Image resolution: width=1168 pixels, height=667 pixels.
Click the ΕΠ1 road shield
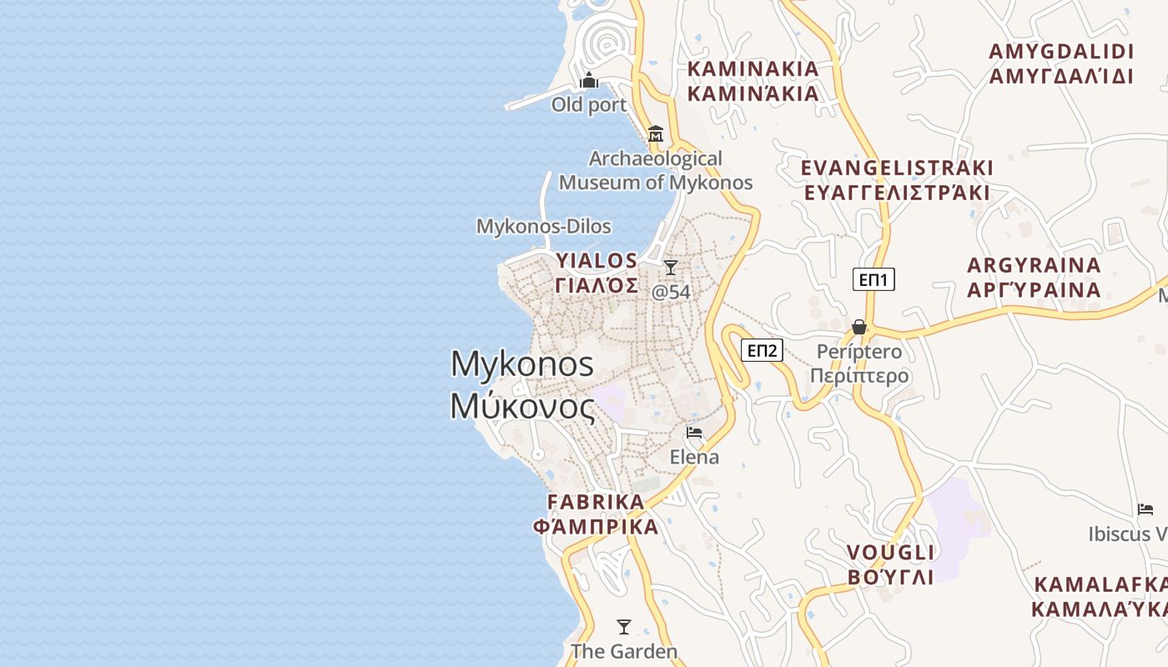click(873, 279)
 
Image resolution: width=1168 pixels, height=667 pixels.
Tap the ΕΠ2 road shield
click(762, 350)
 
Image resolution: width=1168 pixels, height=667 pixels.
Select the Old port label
click(588, 105)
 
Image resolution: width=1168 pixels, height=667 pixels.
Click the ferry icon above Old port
click(589, 81)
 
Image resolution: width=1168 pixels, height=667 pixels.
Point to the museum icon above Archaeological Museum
click(655, 133)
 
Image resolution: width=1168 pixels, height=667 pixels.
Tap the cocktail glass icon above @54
click(671, 268)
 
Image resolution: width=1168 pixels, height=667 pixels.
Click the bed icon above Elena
click(694, 433)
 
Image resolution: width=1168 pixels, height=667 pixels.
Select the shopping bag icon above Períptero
click(859, 327)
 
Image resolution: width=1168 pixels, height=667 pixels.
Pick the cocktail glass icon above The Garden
click(623, 627)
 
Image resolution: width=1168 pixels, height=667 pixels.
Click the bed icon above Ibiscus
click(1145, 509)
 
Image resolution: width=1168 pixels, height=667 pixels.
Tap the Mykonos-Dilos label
click(543, 226)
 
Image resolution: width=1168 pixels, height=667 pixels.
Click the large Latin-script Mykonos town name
click(522, 364)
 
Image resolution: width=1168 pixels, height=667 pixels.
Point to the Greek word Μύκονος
click(522, 407)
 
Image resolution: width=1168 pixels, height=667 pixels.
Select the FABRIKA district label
click(596, 502)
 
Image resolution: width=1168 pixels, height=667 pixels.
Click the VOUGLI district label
click(890, 553)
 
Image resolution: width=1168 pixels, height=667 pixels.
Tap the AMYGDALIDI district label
click(1061, 52)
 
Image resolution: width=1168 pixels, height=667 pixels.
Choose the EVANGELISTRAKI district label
click(897, 168)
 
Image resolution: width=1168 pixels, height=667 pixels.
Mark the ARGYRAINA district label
click(1034, 266)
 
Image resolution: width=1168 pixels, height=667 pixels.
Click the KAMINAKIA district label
click(753, 69)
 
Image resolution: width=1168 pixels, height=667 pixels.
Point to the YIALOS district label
click(597, 261)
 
